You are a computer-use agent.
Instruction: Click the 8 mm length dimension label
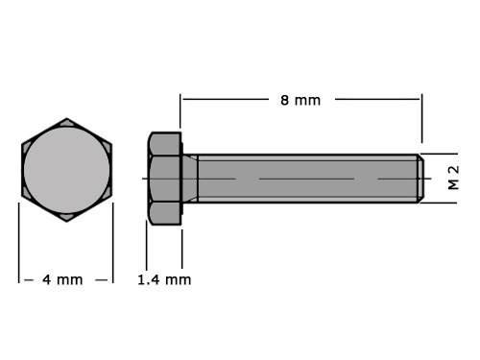point(301,100)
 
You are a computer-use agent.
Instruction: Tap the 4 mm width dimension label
point(62,279)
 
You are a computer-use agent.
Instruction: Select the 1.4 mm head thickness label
point(165,279)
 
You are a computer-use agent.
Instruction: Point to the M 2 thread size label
point(453,178)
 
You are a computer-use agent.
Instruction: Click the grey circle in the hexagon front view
point(66,170)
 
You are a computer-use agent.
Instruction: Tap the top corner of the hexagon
point(66,119)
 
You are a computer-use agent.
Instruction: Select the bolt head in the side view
point(164,179)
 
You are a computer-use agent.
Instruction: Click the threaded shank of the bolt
point(307,179)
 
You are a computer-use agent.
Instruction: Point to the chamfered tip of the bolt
point(419,179)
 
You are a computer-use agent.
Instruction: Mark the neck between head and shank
point(190,179)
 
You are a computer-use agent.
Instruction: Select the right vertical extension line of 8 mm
point(421,120)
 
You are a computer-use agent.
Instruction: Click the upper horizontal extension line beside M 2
point(440,154)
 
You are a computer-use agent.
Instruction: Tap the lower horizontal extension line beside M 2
point(440,203)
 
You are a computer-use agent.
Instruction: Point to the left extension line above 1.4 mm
point(146,247)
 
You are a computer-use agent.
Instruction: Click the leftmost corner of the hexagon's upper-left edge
point(22,144)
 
